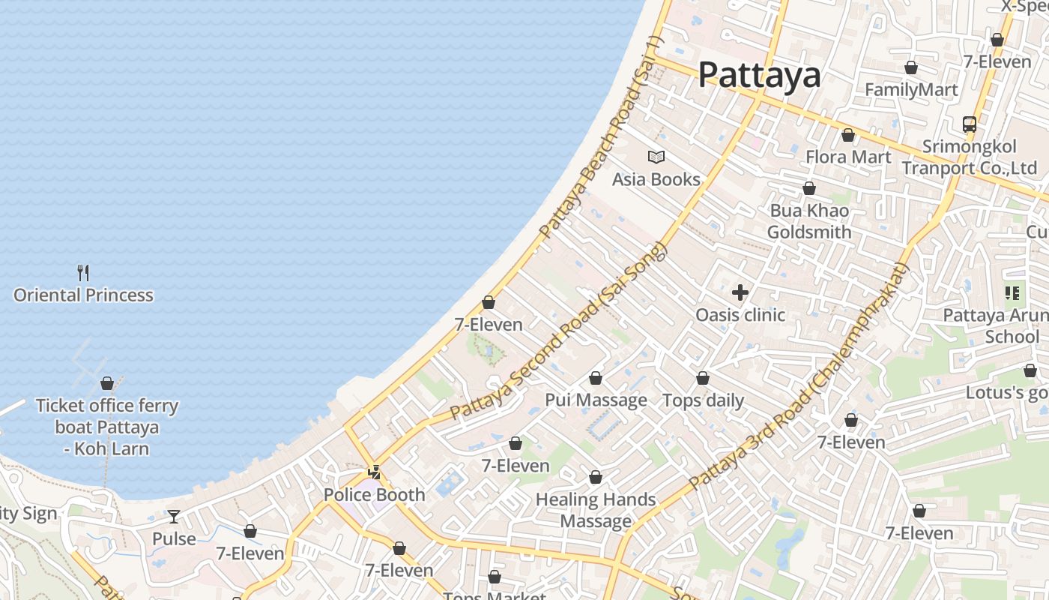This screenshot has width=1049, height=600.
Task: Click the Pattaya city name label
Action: coord(759,75)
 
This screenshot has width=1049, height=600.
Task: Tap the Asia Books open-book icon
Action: coord(656,157)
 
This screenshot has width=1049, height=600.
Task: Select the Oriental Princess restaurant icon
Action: coord(83,272)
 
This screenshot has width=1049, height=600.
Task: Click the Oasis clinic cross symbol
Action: coord(740,292)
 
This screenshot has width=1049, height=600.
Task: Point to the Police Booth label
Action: coord(374,495)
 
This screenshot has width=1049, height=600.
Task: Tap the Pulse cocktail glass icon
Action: coord(174,516)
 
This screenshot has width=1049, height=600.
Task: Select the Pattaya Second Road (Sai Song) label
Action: coord(558,331)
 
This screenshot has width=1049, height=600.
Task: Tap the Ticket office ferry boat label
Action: coord(107,427)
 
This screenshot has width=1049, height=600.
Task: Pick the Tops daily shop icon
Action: coord(703,379)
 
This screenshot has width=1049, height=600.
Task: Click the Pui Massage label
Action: coord(596,400)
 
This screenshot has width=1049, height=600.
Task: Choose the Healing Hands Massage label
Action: coord(596,510)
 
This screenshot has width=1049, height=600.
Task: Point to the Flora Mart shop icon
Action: coord(848,136)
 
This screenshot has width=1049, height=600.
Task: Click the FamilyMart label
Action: coord(911,90)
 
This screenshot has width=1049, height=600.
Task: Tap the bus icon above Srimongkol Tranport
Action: coord(970,124)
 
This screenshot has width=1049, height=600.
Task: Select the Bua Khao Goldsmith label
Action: coord(809,221)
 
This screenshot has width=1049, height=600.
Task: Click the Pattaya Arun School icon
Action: coord(1013,293)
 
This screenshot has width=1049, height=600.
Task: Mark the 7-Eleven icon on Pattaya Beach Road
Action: coord(489,302)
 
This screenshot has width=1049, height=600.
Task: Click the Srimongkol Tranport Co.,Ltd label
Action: coord(970,157)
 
